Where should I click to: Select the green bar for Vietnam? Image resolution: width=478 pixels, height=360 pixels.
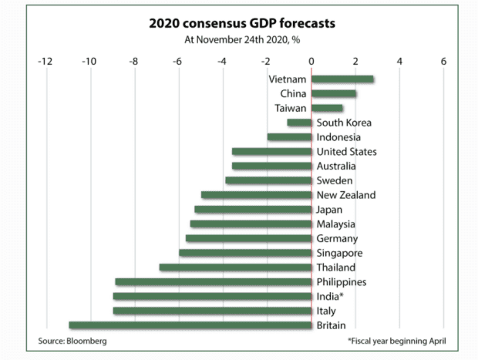[x=342, y=79]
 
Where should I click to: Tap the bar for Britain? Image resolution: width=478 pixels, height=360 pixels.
[x=190, y=325]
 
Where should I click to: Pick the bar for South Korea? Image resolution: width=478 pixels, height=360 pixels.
[x=299, y=123]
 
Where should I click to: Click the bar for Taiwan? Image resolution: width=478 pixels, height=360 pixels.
[x=327, y=108]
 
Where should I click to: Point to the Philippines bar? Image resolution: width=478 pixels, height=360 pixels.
[x=214, y=282]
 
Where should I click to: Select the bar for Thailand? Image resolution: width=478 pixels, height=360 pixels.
[x=235, y=267]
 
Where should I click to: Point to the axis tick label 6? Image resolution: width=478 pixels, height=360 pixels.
[x=443, y=60]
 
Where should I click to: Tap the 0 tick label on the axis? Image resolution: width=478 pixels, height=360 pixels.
[x=311, y=60]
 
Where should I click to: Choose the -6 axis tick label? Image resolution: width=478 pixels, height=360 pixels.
[x=177, y=60]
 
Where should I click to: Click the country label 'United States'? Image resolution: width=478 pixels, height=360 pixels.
[x=346, y=152]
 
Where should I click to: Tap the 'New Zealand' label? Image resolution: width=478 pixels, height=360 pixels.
[x=346, y=195]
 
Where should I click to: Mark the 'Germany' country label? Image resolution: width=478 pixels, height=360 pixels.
[x=337, y=239]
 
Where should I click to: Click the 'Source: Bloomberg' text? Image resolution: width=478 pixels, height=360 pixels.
[x=72, y=340]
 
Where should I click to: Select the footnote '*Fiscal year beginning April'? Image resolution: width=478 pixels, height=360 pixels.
[x=396, y=340]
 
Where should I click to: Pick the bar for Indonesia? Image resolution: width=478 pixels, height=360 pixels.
[x=289, y=137]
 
